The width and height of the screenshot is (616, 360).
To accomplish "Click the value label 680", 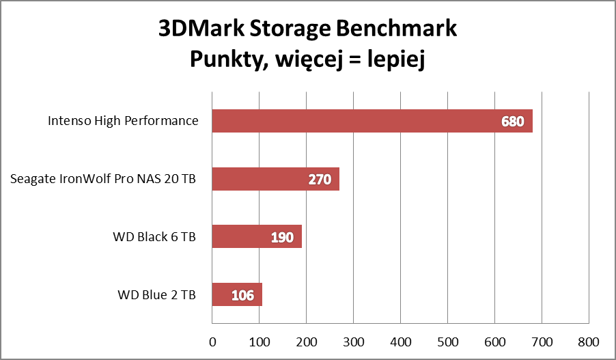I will tap(512, 122).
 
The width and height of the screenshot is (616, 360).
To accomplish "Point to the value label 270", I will tap(319, 180).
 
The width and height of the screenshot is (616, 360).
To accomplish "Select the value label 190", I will tap(281, 238).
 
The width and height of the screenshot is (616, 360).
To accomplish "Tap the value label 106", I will tap(242, 296).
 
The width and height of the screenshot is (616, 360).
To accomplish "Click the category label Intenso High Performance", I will tap(123, 122).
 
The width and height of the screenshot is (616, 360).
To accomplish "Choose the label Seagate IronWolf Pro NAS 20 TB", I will tap(104, 180).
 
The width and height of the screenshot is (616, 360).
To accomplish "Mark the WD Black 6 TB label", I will tap(155, 237).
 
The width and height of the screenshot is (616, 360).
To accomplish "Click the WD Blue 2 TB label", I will tap(157, 295).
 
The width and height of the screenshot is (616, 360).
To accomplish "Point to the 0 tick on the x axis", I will tap(212, 340).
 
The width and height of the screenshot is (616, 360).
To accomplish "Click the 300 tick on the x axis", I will tap(353, 340).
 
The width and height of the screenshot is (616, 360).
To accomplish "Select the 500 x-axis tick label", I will tap(447, 340).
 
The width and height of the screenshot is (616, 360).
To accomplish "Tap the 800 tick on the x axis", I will tap(588, 340).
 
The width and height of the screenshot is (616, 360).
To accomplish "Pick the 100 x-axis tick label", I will tap(260, 340).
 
